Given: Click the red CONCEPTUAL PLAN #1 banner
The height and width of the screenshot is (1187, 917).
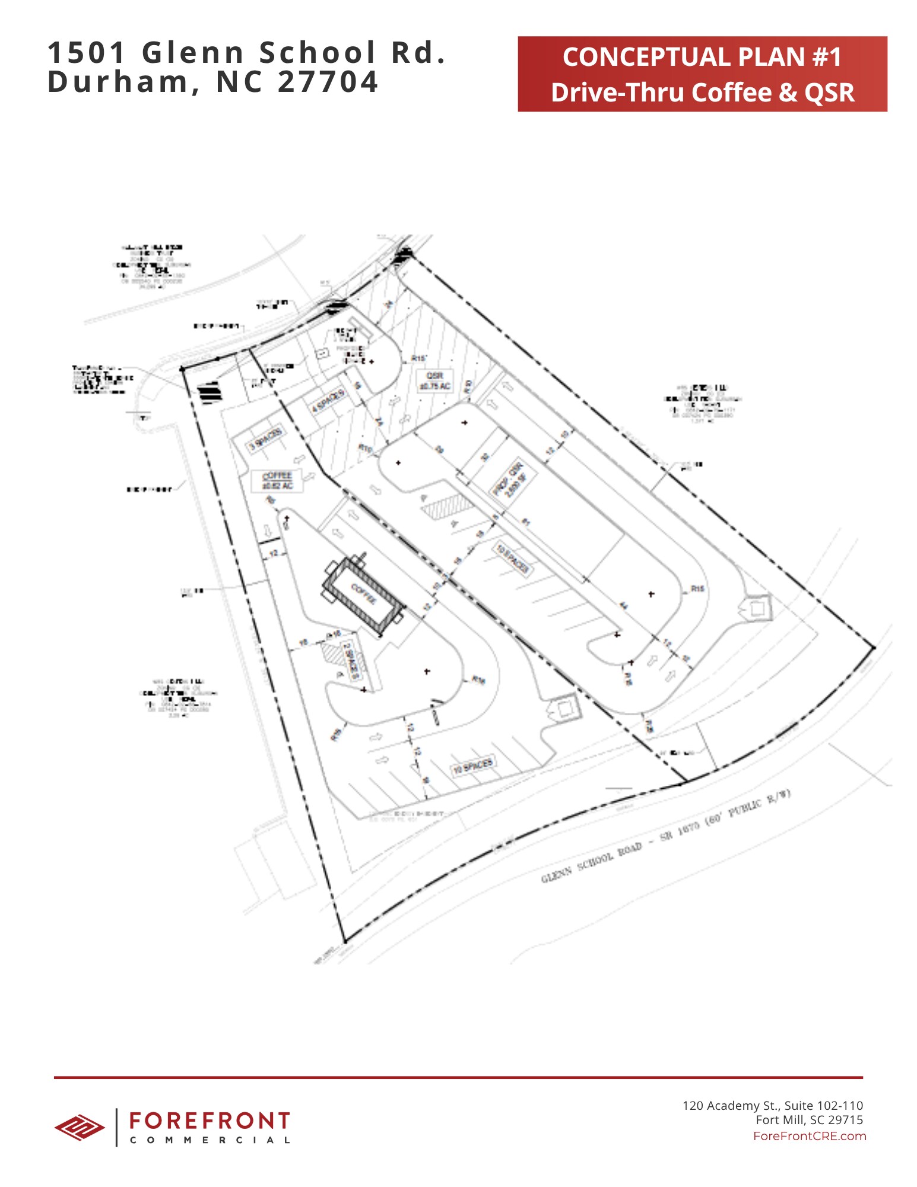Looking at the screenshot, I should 702,74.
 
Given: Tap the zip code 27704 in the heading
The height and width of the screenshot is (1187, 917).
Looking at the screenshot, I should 328,82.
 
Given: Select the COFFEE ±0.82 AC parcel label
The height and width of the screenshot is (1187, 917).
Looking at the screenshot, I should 277,481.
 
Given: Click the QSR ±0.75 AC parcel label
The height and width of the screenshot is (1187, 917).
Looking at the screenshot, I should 435,381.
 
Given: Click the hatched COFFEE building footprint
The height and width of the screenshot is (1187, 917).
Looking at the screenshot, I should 363,593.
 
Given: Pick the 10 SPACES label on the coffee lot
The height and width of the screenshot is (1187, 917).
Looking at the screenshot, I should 473,766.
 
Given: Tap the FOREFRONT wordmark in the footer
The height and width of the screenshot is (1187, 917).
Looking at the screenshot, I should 210,1121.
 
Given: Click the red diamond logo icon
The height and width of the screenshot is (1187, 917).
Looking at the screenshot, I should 79,1127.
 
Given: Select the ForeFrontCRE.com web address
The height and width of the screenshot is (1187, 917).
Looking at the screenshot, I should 809,1136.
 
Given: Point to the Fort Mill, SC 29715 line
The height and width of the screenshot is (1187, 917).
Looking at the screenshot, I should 809,1120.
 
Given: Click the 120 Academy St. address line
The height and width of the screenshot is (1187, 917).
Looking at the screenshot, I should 772,1105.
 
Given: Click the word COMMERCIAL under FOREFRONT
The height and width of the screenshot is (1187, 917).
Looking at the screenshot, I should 210,1140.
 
